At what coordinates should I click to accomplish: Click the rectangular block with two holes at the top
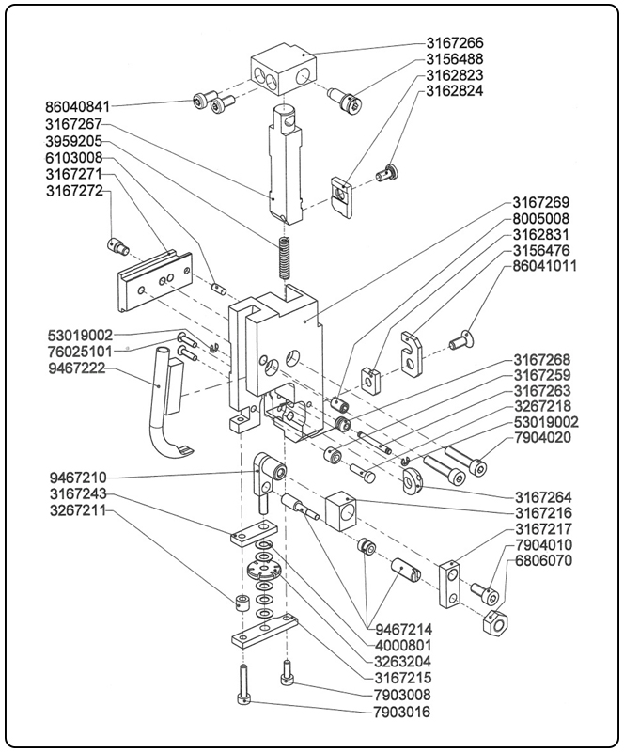[283, 70]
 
